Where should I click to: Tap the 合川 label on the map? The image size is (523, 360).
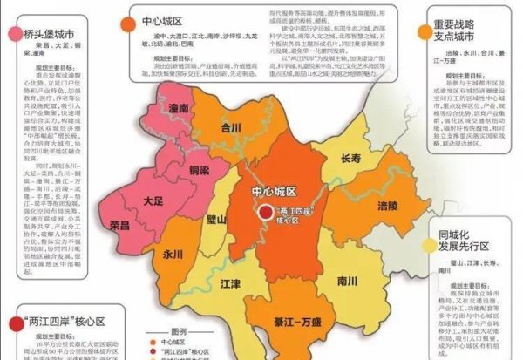(231, 127)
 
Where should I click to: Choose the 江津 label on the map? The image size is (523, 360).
(230, 283)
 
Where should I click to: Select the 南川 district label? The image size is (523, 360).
(347, 282)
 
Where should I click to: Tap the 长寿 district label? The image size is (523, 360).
(350, 160)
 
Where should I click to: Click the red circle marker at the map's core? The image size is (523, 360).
(265, 212)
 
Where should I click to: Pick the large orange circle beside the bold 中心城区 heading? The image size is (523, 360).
(125, 21)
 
